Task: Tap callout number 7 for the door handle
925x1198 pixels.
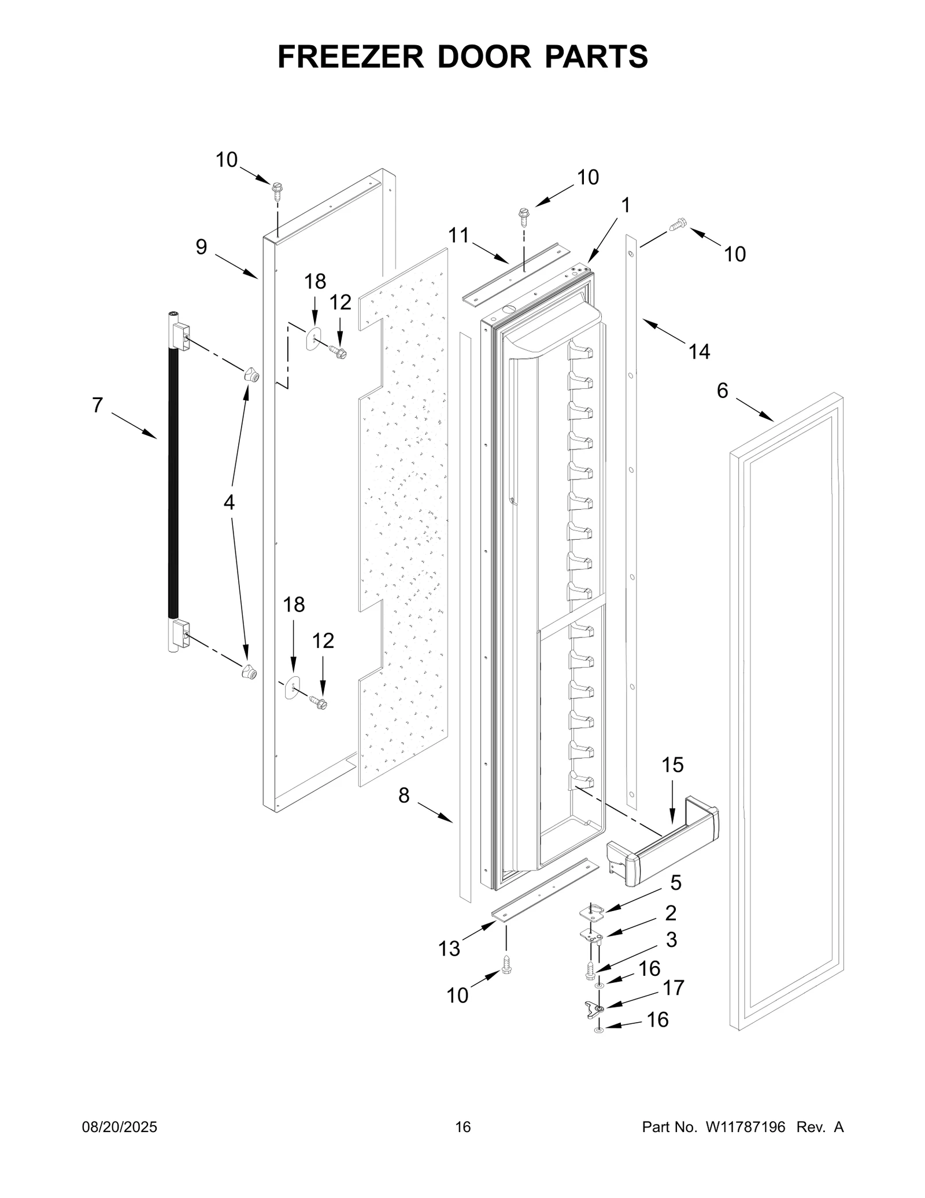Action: click(x=97, y=405)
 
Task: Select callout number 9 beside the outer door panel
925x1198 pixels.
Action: click(x=201, y=247)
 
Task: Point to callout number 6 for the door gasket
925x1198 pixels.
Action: click(x=722, y=391)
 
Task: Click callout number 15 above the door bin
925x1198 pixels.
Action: click(x=672, y=765)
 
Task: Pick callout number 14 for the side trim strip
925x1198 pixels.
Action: click(x=699, y=351)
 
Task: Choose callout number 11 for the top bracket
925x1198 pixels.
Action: click(x=459, y=235)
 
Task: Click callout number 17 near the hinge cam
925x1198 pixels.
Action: click(x=674, y=987)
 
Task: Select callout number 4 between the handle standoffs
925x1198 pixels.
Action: click(x=229, y=503)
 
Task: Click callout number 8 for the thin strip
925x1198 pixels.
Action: click(x=404, y=795)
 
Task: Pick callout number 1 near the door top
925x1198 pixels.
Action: click(x=625, y=205)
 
